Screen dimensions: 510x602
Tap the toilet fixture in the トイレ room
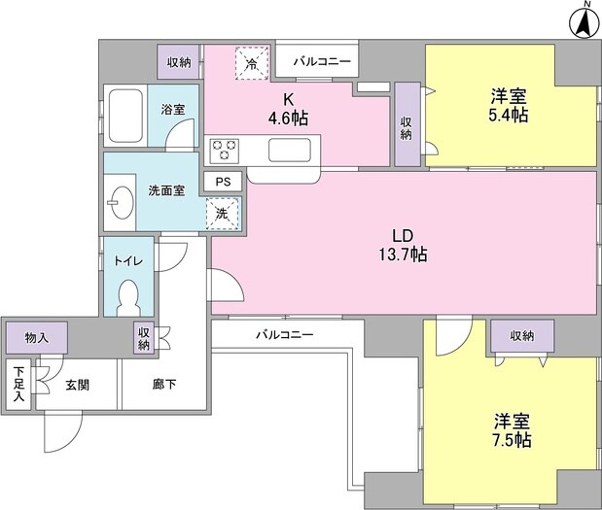[x=127, y=295]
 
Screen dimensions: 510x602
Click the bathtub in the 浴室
[x=125, y=115]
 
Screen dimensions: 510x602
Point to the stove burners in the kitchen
[x=227, y=151]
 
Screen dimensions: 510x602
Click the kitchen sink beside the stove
[x=290, y=151]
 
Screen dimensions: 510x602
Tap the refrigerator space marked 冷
[x=252, y=64]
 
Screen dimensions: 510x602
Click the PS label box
[x=223, y=182]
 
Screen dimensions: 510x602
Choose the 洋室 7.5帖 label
[x=510, y=430]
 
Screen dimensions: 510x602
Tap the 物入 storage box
[x=36, y=337]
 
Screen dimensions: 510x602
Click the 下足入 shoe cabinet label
[x=18, y=384]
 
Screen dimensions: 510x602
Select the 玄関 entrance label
[x=77, y=385]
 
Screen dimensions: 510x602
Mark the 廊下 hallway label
[x=163, y=385]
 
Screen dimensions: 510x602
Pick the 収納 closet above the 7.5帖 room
[x=521, y=335]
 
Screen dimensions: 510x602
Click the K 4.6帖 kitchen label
[x=290, y=106]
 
